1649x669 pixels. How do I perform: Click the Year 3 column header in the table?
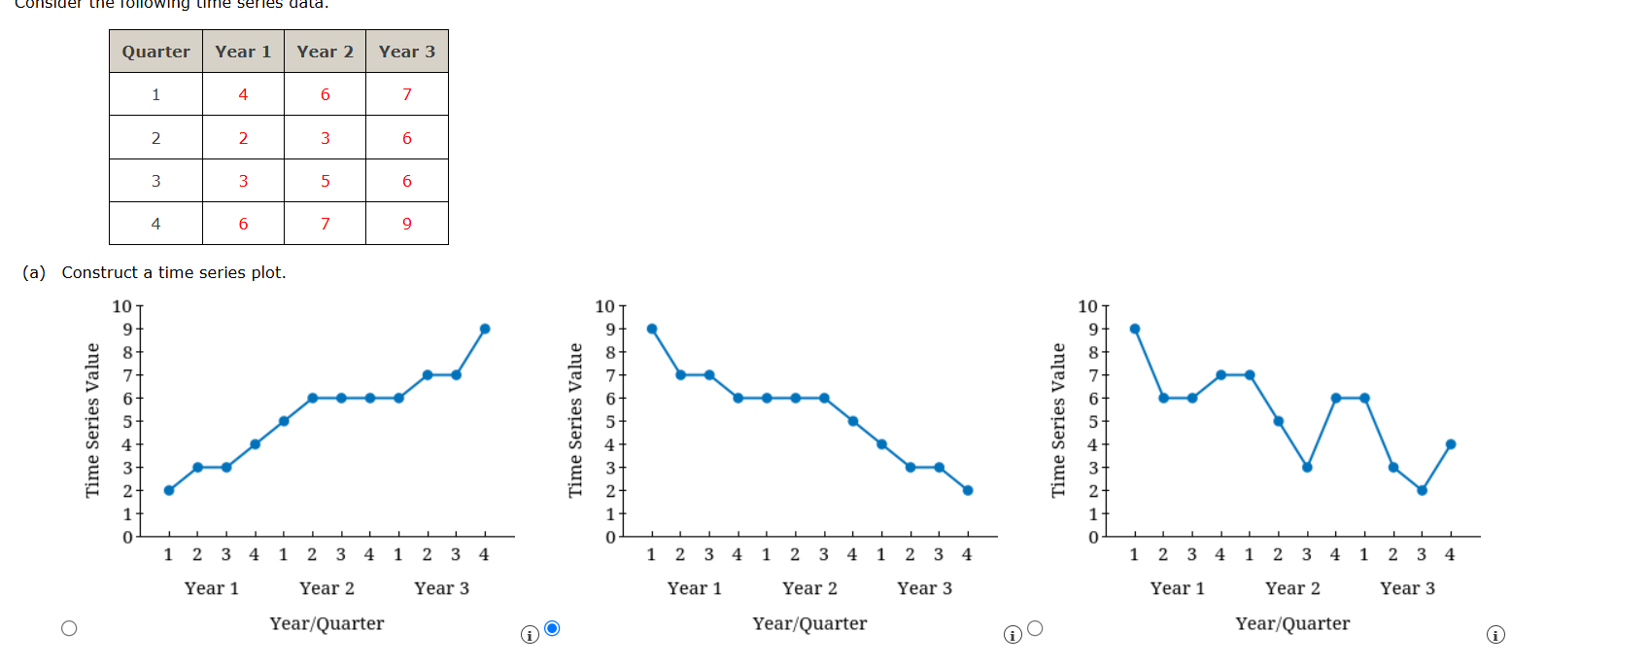(x=406, y=52)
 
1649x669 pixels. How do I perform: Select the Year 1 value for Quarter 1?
(x=243, y=94)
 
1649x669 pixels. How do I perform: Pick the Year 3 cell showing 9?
(x=406, y=224)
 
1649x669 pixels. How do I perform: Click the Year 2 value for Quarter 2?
(x=325, y=138)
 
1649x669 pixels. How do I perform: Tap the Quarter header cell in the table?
(x=155, y=52)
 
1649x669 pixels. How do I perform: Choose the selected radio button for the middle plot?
(x=552, y=628)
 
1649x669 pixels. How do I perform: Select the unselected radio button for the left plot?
(x=69, y=628)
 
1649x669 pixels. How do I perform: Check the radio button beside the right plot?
(x=1035, y=628)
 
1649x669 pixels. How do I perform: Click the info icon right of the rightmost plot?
(x=1495, y=635)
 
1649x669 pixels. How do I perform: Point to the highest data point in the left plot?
(x=485, y=329)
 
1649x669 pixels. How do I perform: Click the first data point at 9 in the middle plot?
(x=652, y=329)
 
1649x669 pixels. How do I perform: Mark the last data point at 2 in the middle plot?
(x=968, y=490)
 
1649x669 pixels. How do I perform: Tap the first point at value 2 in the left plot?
(x=169, y=490)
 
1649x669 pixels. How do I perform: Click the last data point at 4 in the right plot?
(x=1451, y=444)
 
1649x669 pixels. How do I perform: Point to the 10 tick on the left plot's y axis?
(x=121, y=306)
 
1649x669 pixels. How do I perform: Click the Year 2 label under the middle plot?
(x=809, y=588)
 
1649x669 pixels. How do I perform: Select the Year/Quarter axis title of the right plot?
(x=1292, y=623)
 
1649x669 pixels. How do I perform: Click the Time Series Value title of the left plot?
(x=92, y=420)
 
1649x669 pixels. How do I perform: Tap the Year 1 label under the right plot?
(x=1177, y=588)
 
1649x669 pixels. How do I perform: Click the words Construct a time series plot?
(x=174, y=272)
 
